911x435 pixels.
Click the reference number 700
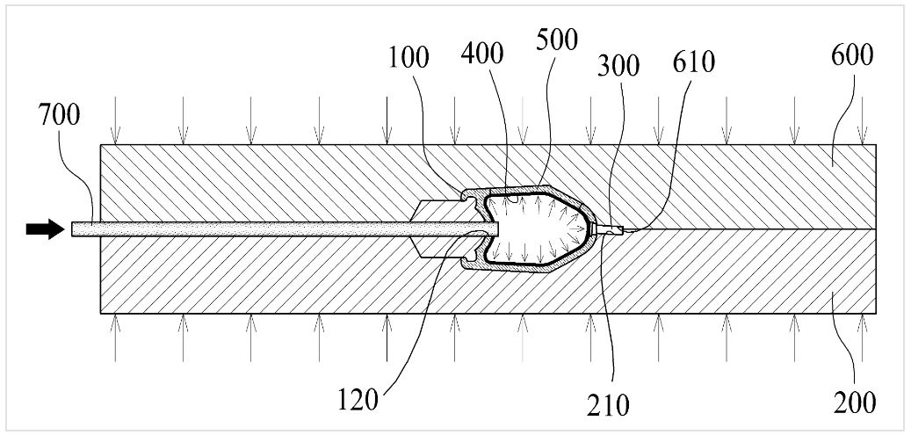click(x=59, y=116)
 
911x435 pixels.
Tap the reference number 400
click(x=482, y=54)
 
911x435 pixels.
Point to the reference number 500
click(x=558, y=40)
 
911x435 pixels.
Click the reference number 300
click(x=618, y=66)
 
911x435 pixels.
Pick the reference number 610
click(x=694, y=62)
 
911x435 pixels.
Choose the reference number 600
click(x=852, y=56)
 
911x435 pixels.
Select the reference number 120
click(x=358, y=401)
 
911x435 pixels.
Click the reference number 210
click(x=608, y=405)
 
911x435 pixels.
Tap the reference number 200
click(x=854, y=402)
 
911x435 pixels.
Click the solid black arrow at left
click(x=45, y=228)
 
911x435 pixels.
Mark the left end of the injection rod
click(x=72, y=228)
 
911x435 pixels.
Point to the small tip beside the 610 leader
click(x=612, y=229)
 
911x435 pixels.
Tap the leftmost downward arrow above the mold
click(x=116, y=120)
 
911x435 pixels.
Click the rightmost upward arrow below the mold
click(x=862, y=337)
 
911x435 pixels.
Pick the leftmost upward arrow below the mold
click(x=116, y=337)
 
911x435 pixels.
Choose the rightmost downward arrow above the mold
click(x=862, y=120)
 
